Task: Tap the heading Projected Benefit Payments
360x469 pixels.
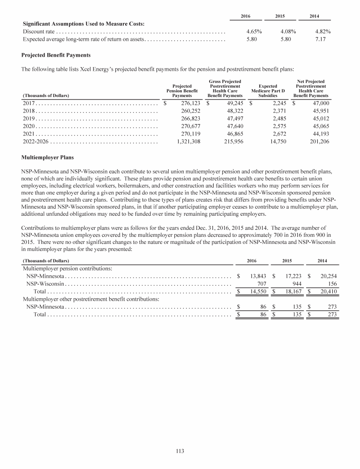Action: (x=56, y=55)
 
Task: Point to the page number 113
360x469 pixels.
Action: (x=180, y=451)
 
